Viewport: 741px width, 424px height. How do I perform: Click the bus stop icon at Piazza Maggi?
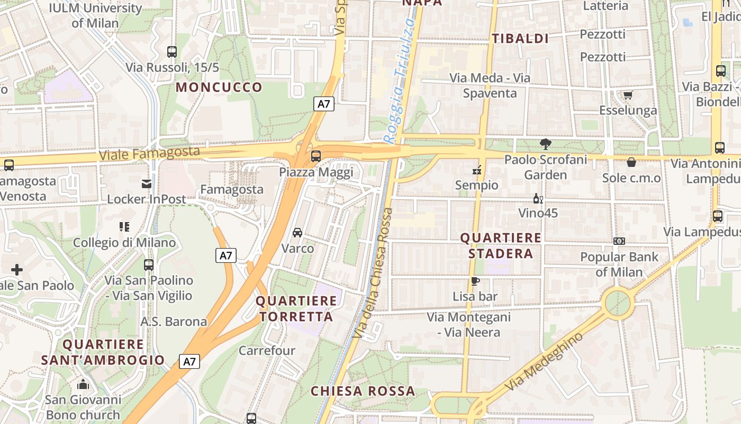pyautogui.click(x=316, y=156)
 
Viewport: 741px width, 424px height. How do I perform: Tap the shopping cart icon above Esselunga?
pyautogui.click(x=628, y=95)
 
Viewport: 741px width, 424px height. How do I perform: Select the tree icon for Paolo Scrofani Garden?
pyautogui.click(x=545, y=144)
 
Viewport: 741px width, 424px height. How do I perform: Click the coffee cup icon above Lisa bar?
pyautogui.click(x=475, y=281)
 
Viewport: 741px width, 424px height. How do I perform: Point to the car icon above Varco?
pyautogui.click(x=297, y=233)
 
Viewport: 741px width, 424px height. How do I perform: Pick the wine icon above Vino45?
pyautogui.click(x=538, y=199)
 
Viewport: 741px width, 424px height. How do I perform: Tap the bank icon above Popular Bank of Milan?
pyautogui.click(x=619, y=241)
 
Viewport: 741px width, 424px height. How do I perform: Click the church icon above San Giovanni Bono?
pyautogui.click(x=83, y=384)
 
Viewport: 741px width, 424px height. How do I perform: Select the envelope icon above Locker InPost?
pyautogui.click(x=147, y=184)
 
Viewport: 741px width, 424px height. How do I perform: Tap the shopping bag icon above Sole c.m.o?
pyautogui.click(x=631, y=162)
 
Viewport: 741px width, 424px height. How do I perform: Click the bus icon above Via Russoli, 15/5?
pyautogui.click(x=172, y=52)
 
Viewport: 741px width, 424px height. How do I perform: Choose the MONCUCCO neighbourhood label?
pyautogui.click(x=219, y=87)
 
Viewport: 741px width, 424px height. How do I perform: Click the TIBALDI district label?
pyautogui.click(x=520, y=38)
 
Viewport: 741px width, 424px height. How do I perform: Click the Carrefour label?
pyautogui.click(x=267, y=350)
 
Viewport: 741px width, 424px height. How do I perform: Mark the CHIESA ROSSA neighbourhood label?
pyautogui.click(x=363, y=391)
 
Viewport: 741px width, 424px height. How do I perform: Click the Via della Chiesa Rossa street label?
pyautogui.click(x=373, y=273)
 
